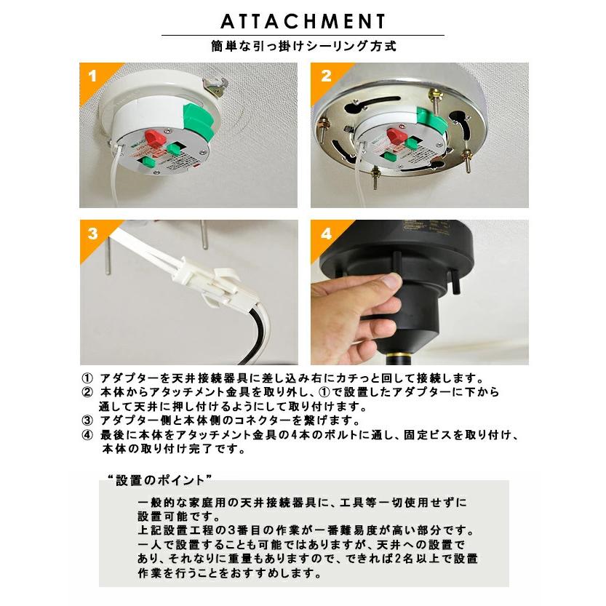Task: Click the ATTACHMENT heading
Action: tap(303, 21)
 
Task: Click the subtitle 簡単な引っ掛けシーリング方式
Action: tap(304, 47)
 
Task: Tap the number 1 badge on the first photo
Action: tap(92, 76)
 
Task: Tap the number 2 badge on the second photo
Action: tap(326, 76)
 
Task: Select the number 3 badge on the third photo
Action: tap(93, 234)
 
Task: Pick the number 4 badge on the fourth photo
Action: tap(326, 234)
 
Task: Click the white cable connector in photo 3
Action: tap(201, 279)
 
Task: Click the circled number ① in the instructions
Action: tap(87, 378)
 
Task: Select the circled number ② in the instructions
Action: tap(87, 392)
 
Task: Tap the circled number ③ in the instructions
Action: tap(87, 420)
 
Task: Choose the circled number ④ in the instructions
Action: tap(87, 435)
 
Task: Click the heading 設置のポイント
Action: tap(160, 480)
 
